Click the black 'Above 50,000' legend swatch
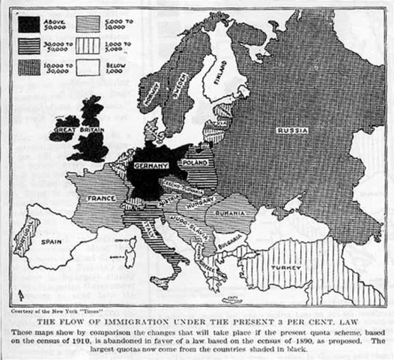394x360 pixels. (29, 24)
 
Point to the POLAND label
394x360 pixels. (194, 162)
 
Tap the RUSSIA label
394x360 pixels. (291, 130)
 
